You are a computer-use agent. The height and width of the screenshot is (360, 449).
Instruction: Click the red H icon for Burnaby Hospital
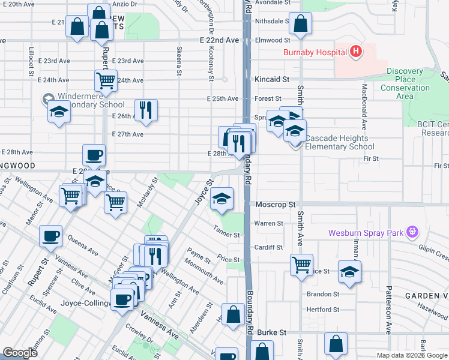click(357, 52)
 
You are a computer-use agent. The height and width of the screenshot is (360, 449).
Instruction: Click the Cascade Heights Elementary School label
click(340, 142)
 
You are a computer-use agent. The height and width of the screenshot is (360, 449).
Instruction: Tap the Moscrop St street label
click(276, 205)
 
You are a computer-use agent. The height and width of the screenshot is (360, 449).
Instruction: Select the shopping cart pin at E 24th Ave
click(106, 80)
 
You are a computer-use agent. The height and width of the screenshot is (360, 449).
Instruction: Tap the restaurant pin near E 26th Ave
click(146, 110)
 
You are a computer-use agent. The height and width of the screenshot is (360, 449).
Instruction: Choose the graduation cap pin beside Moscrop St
click(221, 199)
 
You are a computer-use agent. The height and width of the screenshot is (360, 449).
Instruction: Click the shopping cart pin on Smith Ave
click(301, 264)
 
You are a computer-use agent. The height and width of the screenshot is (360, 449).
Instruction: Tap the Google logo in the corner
click(20, 352)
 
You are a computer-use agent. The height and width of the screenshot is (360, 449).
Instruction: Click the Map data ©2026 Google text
click(412, 355)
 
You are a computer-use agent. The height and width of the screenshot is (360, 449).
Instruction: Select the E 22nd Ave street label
click(220, 40)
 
